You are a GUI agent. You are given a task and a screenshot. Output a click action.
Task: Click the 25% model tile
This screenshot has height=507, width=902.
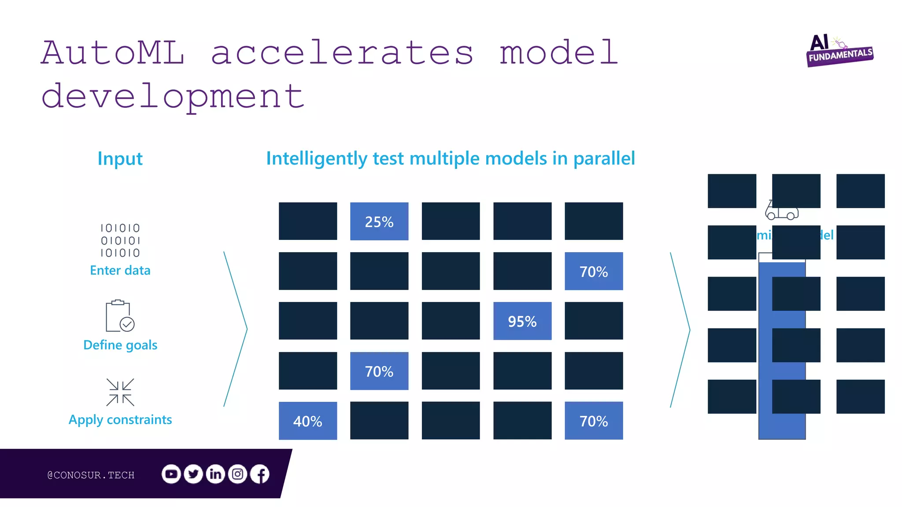[379, 221]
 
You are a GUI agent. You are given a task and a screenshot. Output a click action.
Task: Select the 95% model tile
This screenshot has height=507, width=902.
[522, 321]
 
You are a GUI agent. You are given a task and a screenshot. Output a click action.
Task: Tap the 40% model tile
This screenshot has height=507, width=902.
[307, 421]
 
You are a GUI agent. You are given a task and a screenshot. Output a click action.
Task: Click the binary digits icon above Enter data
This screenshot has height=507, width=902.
[120, 240]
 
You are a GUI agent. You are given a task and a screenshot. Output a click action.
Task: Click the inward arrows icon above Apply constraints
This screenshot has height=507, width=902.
[120, 392]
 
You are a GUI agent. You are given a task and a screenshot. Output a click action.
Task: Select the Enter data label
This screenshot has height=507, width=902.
[120, 270]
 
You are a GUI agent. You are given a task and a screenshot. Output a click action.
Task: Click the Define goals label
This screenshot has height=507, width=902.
[120, 345]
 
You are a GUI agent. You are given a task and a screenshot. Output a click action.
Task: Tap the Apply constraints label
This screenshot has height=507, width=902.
[120, 420]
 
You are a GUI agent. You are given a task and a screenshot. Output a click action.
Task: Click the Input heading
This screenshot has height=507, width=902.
[120, 158]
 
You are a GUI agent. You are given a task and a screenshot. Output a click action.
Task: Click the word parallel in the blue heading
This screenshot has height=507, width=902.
[604, 158]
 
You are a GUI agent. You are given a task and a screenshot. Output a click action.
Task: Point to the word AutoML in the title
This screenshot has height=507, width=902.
[113, 53]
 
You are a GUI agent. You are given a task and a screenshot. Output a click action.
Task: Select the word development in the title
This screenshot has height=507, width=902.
[173, 97]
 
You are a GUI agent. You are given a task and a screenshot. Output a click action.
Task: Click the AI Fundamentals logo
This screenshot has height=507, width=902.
[839, 51]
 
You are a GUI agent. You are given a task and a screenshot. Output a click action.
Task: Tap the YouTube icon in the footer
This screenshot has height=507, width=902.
[171, 474]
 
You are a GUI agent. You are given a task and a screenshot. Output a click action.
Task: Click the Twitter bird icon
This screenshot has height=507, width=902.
[193, 474]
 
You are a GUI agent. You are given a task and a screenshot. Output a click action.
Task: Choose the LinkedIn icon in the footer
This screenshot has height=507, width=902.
[215, 474]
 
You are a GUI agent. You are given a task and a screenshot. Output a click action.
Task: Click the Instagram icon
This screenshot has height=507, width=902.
[238, 474]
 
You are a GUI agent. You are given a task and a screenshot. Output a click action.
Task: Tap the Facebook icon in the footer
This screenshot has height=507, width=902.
[260, 474]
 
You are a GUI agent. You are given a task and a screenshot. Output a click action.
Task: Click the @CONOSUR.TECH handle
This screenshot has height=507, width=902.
[91, 475]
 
